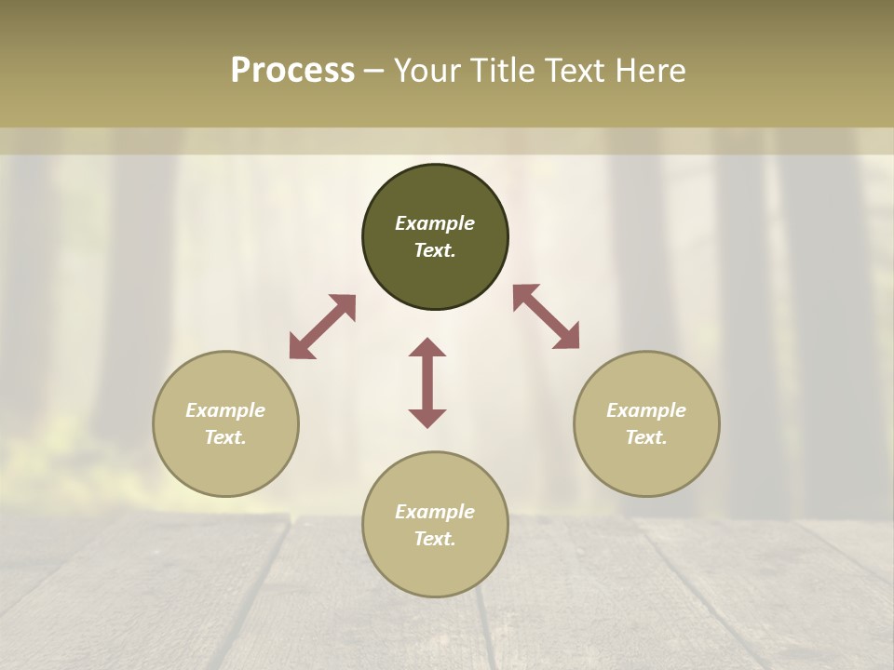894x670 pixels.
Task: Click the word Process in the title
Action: click(292, 71)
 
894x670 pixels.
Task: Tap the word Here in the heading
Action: click(653, 71)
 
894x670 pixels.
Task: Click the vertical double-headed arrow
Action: click(427, 382)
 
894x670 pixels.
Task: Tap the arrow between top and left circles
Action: click(322, 327)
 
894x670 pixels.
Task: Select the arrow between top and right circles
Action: click(547, 316)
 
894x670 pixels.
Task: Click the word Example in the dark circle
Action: click(435, 223)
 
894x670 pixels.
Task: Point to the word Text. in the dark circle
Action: click(435, 250)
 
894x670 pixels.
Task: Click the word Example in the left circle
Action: click(225, 410)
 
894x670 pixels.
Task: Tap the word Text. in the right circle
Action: click(646, 437)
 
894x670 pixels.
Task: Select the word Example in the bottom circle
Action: click(435, 512)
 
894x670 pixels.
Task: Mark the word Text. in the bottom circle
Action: click(435, 539)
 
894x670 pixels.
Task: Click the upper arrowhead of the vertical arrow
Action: click(427, 349)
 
